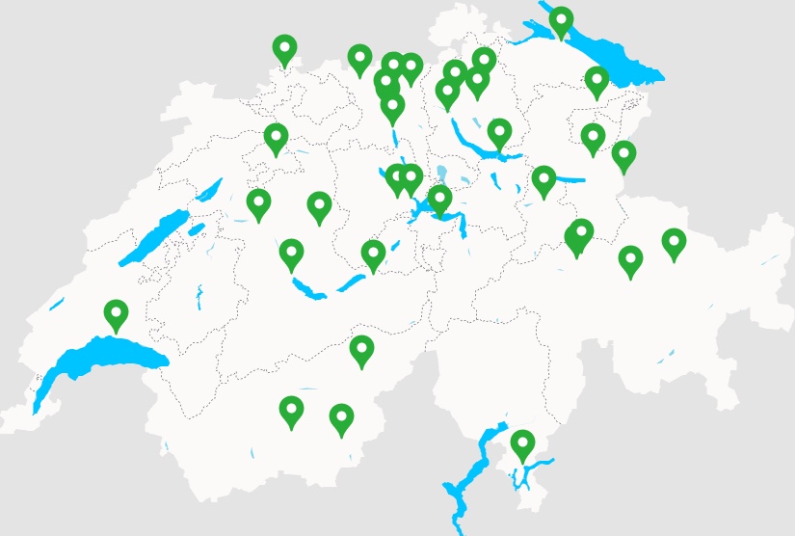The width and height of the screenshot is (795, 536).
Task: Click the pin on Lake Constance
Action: coord(561,21)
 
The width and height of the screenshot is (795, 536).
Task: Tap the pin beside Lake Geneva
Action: coord(116,314)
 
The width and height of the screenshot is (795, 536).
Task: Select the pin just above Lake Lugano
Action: coord(522,444)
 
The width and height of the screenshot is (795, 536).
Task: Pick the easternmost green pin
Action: coord(674,243)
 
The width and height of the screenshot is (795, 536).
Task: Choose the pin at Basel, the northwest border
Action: coord(284,49)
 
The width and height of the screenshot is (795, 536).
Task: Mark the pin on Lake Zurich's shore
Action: coord(498,133)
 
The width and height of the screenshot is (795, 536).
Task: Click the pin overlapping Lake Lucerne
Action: coord(439,200)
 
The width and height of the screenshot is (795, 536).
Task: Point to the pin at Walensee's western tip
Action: coord(543,180)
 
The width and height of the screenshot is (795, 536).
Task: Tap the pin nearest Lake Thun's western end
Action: coord(291,255)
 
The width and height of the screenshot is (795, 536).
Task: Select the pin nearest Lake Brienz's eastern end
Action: coord(373,255)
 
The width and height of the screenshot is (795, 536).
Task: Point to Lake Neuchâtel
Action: coord(154,236)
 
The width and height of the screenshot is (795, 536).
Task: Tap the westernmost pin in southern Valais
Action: coord(291,412)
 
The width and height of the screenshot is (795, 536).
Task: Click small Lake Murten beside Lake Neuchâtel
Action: coord(197,229)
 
